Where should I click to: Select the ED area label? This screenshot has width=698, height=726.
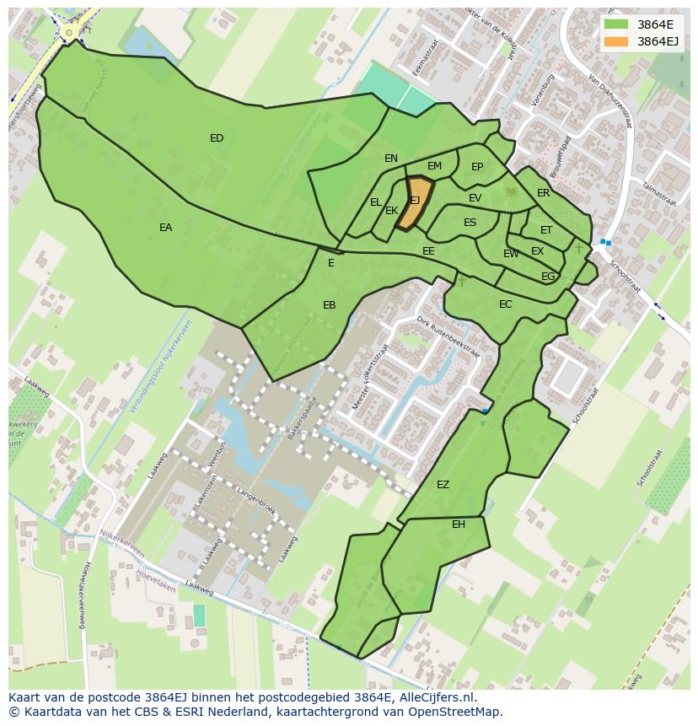coord(217,138)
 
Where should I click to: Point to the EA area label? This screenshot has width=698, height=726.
coord(165,228)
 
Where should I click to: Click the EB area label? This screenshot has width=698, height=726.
coord(329,305)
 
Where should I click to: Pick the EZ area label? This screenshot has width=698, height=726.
coord(443,485)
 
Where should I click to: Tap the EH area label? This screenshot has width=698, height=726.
coord(458,524)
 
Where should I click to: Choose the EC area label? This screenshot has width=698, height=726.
coord(505,304)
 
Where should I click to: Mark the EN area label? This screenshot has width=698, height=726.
coord(391,159)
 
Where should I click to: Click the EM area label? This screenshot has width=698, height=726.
coord(434,166)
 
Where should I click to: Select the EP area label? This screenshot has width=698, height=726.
coord(477,167)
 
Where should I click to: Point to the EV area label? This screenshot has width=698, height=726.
coord(475,198)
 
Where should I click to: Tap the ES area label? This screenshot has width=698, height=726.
coord(470,223)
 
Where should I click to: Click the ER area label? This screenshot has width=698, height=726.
coord(543,193)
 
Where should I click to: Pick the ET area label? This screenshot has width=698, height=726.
coord(546,230)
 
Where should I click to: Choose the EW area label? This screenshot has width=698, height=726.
coord(511,254)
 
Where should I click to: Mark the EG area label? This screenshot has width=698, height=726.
coord(548,277)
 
